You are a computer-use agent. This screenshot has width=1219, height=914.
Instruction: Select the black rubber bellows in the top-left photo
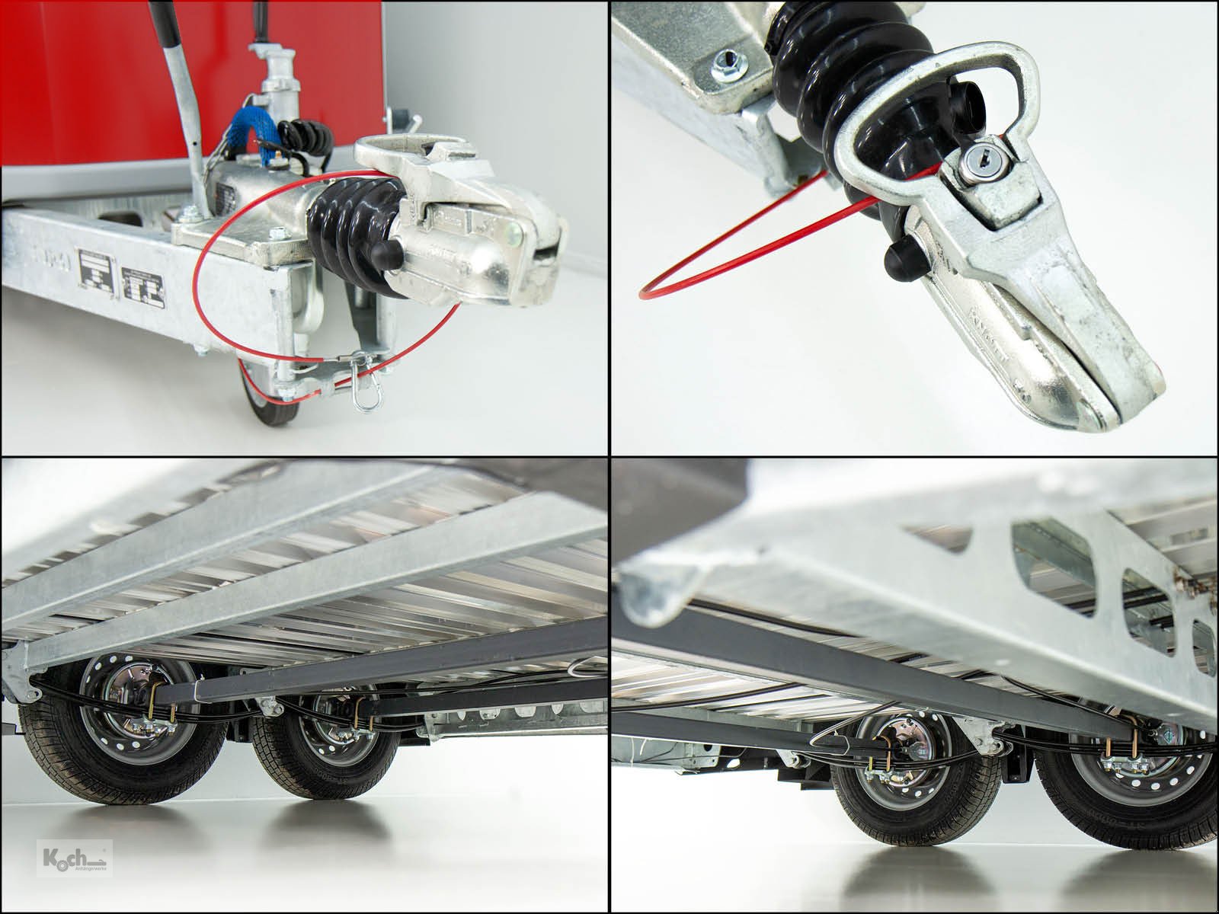coord(352,228)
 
